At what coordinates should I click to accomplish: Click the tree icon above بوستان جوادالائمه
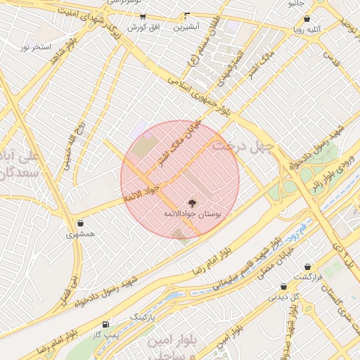tap(193, 202)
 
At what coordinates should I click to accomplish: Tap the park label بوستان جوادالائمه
tap(192, 212)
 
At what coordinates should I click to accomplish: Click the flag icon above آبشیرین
tap(187, 15)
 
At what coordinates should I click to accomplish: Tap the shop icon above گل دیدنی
tap(283, 286)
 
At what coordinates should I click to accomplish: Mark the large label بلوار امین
tap(172, 342)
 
